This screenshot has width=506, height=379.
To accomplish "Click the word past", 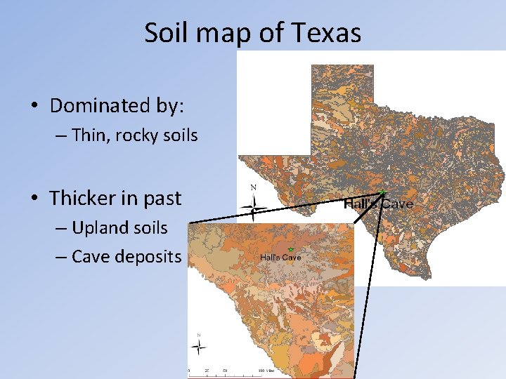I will (162, 198).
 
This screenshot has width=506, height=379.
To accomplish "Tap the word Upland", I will (96, 227).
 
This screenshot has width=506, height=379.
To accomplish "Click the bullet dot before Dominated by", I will (34, 107).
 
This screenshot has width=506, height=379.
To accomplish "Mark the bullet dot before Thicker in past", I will (34, 199).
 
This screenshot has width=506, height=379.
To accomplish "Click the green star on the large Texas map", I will (382, 192).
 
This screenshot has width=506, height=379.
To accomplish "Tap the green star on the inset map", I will (290, 250).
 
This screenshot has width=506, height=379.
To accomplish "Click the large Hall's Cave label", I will (379, 204).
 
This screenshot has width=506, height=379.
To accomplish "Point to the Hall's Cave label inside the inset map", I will (280, 258).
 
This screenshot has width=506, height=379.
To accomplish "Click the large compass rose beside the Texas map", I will (254, 206).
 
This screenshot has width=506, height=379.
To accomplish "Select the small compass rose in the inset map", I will (200, 346).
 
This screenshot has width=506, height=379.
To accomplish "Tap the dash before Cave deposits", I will (61, 257).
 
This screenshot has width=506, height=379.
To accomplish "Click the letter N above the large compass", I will (254, 188).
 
